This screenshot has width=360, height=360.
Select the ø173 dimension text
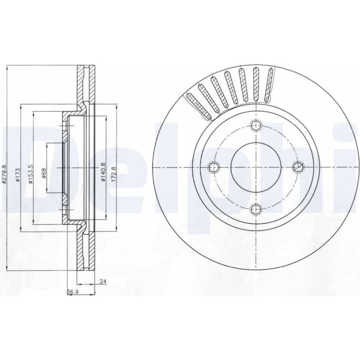[18, 174]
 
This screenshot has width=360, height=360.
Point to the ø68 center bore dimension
[44, 173]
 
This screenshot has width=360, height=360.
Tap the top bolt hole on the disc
[256, 125]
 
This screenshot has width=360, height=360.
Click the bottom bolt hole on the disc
[256, 209]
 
